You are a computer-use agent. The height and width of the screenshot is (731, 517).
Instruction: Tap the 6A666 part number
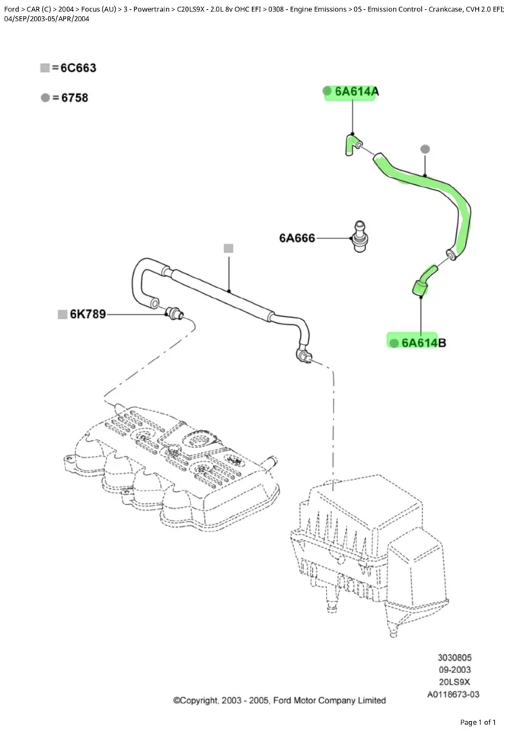pos(296,238)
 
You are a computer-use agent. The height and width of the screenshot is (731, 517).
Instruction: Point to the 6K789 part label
pos(88,314)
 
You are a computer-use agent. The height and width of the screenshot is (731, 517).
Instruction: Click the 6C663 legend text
pos(74,69)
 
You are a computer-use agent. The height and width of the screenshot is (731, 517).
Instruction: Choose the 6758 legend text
pos(69,97)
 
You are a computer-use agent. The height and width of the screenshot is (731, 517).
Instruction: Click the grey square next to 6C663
pos(45,69)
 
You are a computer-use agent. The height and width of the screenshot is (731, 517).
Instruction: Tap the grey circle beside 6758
pos(45,97)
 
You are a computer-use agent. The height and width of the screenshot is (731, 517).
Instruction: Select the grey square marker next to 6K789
pos(62,314)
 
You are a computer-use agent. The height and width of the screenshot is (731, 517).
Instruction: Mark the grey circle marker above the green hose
pos(425,148)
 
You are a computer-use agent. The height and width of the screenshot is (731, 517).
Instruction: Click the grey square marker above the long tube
pos(228,248)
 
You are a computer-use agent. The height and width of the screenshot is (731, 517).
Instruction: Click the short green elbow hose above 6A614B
pos(423,278)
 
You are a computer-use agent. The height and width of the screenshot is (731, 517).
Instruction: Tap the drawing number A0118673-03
pos(453,694)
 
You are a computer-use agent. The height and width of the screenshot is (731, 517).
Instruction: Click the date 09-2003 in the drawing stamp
pos(453,670)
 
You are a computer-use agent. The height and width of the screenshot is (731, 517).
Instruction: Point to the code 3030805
pos(453,657)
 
